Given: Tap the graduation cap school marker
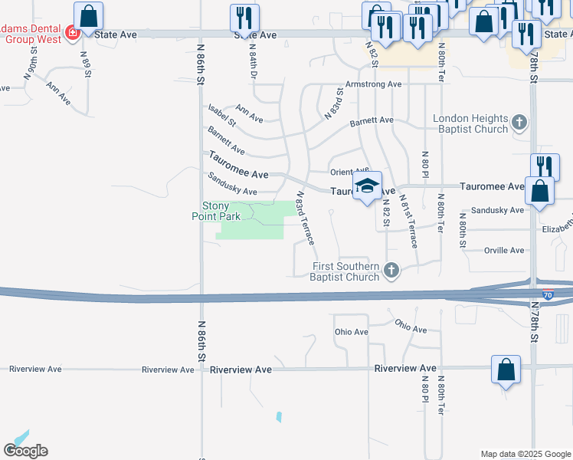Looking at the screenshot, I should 368,186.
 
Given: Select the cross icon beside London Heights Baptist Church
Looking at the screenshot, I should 519,122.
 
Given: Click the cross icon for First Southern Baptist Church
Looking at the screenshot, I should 392,270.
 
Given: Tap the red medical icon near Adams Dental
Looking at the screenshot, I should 72,33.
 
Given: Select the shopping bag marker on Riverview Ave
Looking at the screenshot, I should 506,370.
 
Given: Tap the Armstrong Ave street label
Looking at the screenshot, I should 374,84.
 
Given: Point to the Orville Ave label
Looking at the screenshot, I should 504,251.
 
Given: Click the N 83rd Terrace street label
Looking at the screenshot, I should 306,219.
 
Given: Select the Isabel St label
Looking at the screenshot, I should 221,115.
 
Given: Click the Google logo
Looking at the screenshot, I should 25,451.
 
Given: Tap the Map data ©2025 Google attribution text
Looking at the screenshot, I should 525,454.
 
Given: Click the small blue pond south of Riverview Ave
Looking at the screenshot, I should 279,417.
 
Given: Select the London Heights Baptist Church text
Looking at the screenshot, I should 470,123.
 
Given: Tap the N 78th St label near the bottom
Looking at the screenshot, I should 534,321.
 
